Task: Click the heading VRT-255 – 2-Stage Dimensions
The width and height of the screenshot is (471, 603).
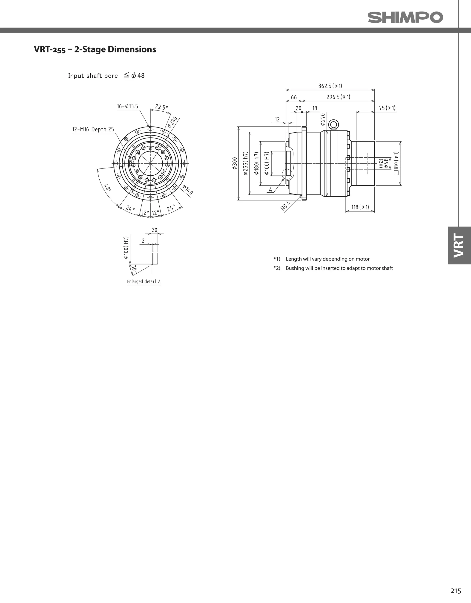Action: [x=95, y=49]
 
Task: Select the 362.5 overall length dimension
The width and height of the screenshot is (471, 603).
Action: [x=330, y=86]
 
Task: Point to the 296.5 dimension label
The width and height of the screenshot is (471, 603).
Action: [x=338, y=97]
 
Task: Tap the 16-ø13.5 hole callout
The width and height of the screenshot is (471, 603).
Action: [x=127, y=106]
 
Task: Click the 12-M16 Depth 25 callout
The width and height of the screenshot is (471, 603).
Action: [x=93, y=129]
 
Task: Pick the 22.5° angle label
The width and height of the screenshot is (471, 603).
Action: [x=161, y=107]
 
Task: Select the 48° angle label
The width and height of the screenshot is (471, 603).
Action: [x=108, y=188]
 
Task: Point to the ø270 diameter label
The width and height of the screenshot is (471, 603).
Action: [x=323, y=119]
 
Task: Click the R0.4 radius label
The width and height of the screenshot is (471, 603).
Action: [x=286, y=206]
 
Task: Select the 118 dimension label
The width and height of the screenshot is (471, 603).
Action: [x=360, y=207]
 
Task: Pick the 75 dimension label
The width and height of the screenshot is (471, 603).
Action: [x=387, y=108]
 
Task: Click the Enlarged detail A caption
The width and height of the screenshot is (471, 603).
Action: [x=144, y=281]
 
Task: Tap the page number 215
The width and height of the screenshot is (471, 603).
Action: [x=456, y=591]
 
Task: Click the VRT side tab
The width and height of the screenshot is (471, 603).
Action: [x=459, y=245]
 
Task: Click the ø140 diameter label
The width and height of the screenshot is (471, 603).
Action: [x=188, y=190]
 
